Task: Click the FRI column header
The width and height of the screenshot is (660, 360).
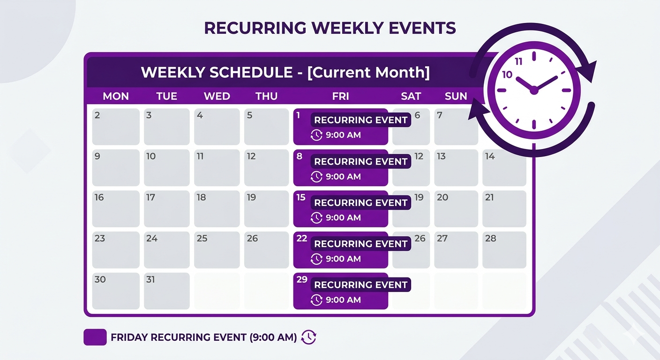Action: [x=340, y=96]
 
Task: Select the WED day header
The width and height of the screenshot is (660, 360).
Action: [x=217, y=96]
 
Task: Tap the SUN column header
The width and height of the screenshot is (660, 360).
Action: [x=456, y=96]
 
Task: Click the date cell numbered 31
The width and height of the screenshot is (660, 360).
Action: [x=166, y=291]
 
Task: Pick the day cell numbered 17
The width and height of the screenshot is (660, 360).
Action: [x=166, y=209]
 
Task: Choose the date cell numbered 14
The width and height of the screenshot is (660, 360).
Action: [x=504, y=167]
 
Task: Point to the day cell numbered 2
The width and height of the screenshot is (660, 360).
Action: [x=115, y=127]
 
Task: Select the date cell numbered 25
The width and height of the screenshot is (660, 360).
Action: [x=217, y=249]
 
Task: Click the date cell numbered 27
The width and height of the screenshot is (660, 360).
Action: [x=456, y=249]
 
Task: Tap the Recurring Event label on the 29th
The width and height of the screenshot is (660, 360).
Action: [x=360, y=285]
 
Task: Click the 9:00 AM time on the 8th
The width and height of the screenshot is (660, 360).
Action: [x=343, y=177]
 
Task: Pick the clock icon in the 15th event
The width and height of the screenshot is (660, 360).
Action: [x=316, y=217]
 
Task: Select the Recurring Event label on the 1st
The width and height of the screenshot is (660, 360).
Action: [x=360, y=120]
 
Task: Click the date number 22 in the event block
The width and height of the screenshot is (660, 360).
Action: [x=301, y=239]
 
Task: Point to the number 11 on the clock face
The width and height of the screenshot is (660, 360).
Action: [x=518, y=62]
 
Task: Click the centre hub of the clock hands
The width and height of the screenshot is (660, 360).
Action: [x=533, y=90]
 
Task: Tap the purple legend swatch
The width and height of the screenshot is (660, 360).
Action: [x=95, y=337]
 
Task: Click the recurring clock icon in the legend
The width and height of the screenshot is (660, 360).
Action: [x=308, y=337]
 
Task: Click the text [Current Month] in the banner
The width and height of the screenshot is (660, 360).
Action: [x=368, y=73]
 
